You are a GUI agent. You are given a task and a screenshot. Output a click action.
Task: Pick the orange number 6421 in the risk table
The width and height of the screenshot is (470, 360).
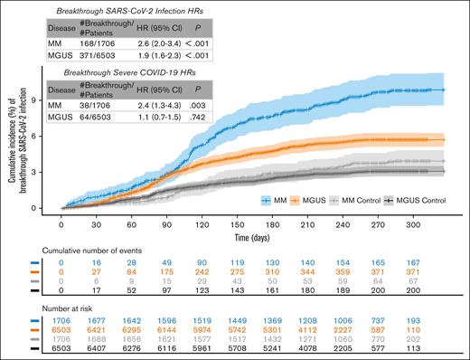(90, 331)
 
